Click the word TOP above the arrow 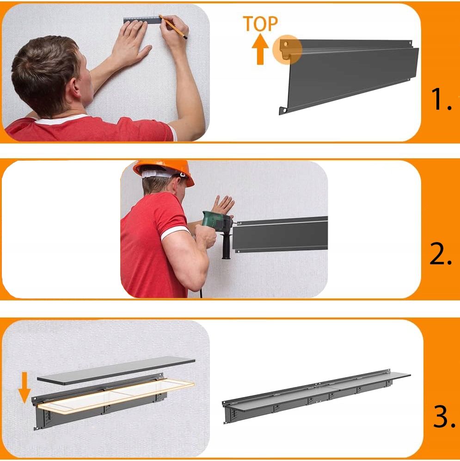point(260,24)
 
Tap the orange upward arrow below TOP point(260,49)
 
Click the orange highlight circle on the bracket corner point(287,50)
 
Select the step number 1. point(441,100)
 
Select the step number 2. point(441,254)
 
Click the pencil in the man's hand point(173,27)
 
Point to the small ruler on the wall point(142,20)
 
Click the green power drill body point(218,222)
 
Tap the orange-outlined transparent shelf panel point(117,397)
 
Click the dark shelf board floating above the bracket point(116,370)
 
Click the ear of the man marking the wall point(76,88)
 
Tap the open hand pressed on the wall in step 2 point(224,204)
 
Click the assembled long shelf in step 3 point(316,396)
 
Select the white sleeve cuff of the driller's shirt point(175,233)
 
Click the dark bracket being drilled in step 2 point(280,235)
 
